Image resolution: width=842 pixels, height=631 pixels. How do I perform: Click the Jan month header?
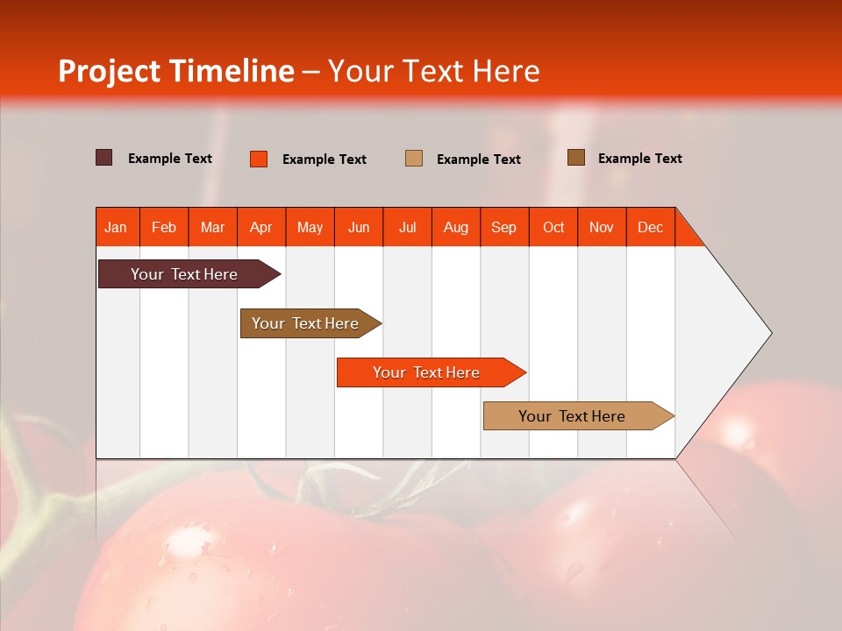coord(117,227)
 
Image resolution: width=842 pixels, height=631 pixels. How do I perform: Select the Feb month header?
coord(164,227)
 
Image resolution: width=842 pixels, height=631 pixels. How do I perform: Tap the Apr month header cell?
coord(261,227)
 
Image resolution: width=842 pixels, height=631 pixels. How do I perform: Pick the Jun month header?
coord(359,227)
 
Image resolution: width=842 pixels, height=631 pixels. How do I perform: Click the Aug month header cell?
coord(456,227)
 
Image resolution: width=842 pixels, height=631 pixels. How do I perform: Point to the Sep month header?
coord(504,227)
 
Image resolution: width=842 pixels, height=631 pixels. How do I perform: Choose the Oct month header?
coord(553,227)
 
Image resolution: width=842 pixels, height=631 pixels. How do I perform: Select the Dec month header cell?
coord(651,227)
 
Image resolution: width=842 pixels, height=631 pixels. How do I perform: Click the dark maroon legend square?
coord(104,158)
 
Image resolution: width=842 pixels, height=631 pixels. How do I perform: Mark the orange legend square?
coord(259,159)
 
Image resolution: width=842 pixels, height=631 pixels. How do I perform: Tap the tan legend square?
coord(414,158)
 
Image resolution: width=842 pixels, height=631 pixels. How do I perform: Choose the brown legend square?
coord(576,158)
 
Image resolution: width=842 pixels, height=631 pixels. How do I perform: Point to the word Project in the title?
coord(111,71)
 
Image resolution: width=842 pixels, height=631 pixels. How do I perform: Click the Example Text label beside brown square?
coord(639,159)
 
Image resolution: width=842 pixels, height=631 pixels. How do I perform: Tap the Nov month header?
coord(602,227)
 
